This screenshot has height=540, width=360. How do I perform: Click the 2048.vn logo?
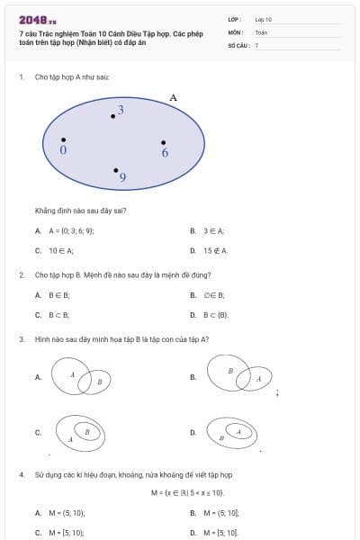tap(38, 19)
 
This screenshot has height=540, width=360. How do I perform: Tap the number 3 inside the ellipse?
tap(121, 109)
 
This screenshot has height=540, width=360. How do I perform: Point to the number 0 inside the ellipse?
tap(63, 150)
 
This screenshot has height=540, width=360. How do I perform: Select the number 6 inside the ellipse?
tap(165, 153)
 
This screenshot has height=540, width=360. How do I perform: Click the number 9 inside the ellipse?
tap(122, 178)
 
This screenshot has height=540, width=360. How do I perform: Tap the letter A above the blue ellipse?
tap(173, 97)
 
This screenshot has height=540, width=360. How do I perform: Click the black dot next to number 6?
tap(163, 142)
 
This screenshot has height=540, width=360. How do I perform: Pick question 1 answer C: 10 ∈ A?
tap(60, 250)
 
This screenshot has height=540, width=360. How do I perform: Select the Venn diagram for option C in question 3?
tap(79, 432)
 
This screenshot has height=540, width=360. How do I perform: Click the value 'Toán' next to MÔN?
tap(261, 31)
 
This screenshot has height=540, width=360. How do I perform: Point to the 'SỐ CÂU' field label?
tap(237, 44)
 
